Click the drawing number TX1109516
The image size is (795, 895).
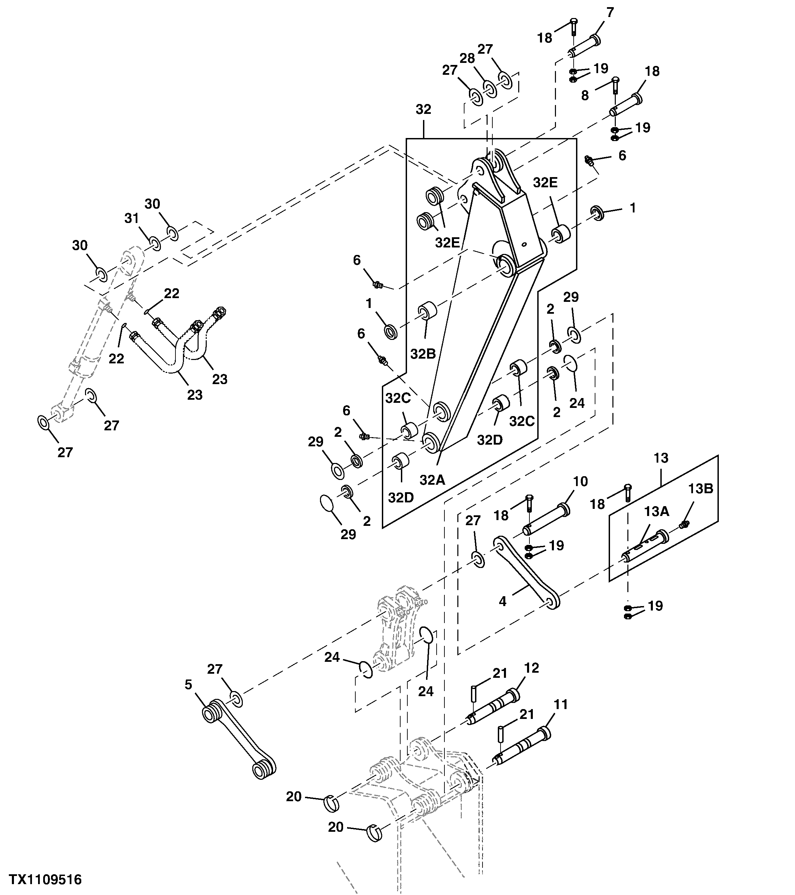pyautogui.click(x=46, y=879)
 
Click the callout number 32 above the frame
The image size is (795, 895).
pyautogui.click(x=423, y=109)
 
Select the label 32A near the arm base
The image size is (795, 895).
pyautogui.click(x=432, y=480)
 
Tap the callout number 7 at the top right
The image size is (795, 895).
pyautogui.click(x=610, y=12)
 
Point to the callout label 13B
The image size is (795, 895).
pyautogui.click(x=700, y=489)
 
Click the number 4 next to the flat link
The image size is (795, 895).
pyautogui.click(x=503, y=601)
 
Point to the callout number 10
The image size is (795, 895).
pyautogui.click(x=580, y=482)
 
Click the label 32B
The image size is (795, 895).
pyautogui.click(x=423, y=354)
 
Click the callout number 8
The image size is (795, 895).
pyautogui.click(x=585, y=96)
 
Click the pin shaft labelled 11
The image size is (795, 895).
pyautogui.click(x=521, y=747)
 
